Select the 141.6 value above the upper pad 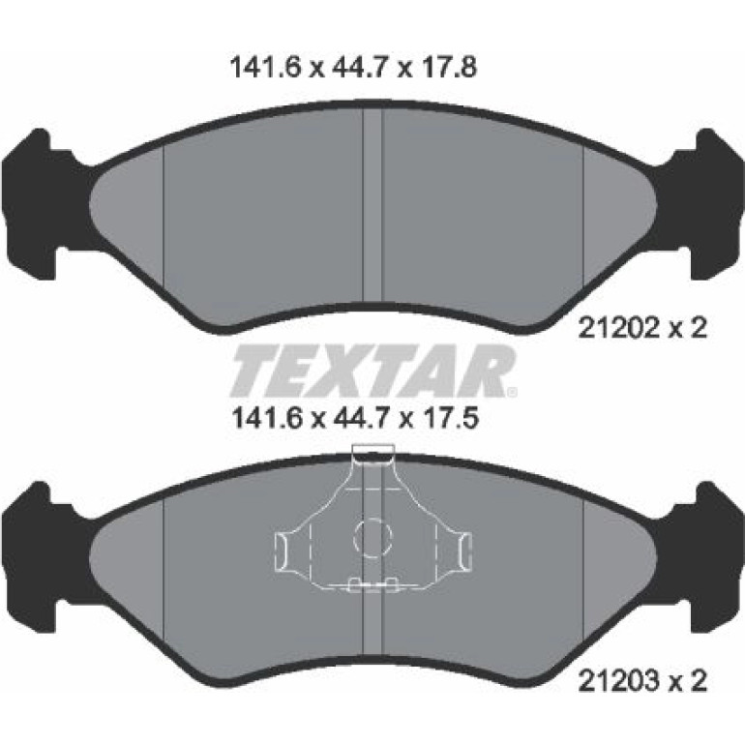[266, 68]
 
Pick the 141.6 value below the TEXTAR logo [266, 419]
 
